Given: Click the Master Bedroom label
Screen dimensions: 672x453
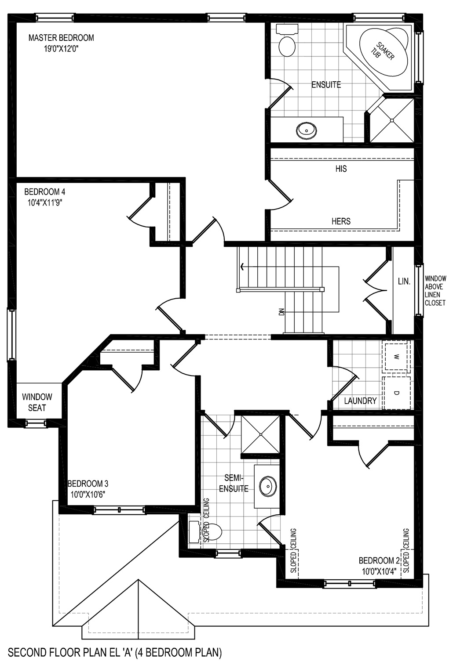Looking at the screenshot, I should click(x=61, y=38).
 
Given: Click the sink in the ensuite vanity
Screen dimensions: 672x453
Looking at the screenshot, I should click(x=306, y=130).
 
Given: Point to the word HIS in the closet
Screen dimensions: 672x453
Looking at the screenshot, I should click(x=341, y=169).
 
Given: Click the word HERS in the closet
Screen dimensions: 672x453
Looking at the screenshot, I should click(x=341, y=221).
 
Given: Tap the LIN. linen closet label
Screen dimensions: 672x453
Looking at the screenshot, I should click(x=404, y=282).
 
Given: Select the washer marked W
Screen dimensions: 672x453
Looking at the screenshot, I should click(x=397, y=356).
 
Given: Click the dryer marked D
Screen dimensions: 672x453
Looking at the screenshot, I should click(x=397, y=392).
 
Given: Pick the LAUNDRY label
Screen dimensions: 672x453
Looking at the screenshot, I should click(x=360, y=401).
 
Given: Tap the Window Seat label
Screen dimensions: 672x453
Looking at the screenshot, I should click(x=37, y=402).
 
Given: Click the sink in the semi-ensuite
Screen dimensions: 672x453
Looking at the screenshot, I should click(x=267, y=486).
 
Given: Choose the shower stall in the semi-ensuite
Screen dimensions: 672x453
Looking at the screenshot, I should click(x=260, y=434).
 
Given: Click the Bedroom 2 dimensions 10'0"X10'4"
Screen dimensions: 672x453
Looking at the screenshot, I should click(x=379, y=571).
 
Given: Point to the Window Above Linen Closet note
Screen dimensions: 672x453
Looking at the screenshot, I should click(x=435, y=291).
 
